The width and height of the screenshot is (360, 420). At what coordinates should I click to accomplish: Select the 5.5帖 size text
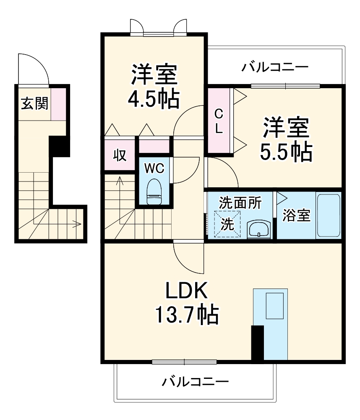286,152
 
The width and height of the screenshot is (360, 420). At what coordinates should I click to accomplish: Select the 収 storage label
119,155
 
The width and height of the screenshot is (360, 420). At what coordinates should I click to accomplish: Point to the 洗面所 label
240,203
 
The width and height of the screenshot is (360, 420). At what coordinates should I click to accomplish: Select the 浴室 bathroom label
296,215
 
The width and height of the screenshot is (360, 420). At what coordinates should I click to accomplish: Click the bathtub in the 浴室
328,215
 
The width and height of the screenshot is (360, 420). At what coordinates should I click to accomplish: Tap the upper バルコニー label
275,67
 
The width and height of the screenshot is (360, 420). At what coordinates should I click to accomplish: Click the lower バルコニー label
195,382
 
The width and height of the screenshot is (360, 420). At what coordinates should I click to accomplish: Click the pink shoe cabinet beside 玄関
59,103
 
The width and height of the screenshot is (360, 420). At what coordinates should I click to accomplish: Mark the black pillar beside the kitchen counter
257,342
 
